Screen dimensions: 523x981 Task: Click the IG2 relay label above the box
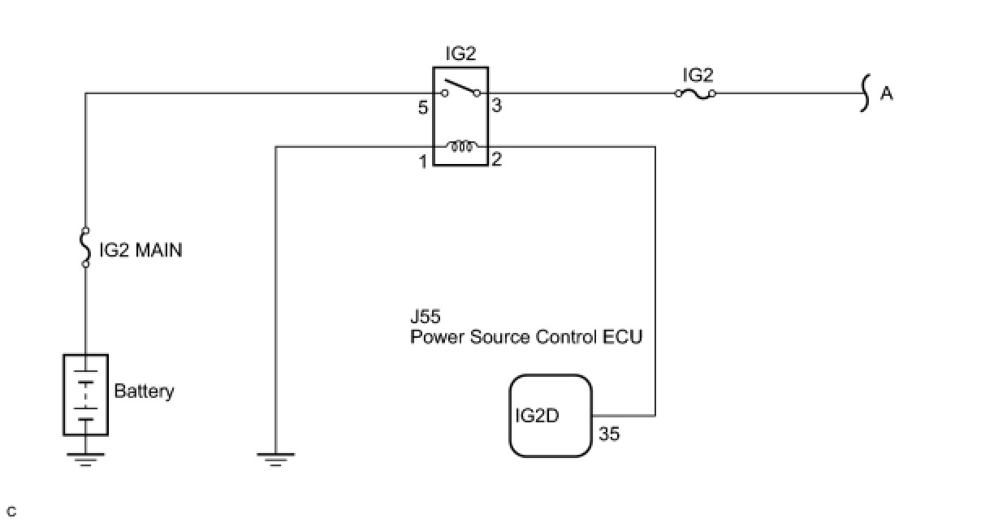(460, 54)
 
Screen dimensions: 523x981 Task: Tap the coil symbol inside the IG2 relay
(461, 147)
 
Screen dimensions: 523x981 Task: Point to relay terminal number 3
(497, 106)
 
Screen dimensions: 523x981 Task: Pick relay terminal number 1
(423, 162)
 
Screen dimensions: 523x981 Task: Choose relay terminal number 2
(497, 160)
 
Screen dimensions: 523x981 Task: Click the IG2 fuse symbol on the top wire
(695, 93)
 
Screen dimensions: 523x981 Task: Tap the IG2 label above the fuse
(698, 75)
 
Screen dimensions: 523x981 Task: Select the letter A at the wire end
(887, 94)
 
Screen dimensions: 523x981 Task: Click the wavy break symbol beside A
(866, 93)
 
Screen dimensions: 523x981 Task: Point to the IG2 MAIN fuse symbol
(85, 249)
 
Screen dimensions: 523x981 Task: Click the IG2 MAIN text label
(140, 250)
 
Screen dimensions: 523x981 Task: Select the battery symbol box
(85, 395)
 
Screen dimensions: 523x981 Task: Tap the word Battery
(144, 391)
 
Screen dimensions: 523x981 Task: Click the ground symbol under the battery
(85, 459)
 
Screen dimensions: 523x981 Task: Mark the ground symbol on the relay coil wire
(276, 459)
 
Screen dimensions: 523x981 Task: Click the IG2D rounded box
(551, 416)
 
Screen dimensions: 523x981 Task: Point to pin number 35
(609, 434)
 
